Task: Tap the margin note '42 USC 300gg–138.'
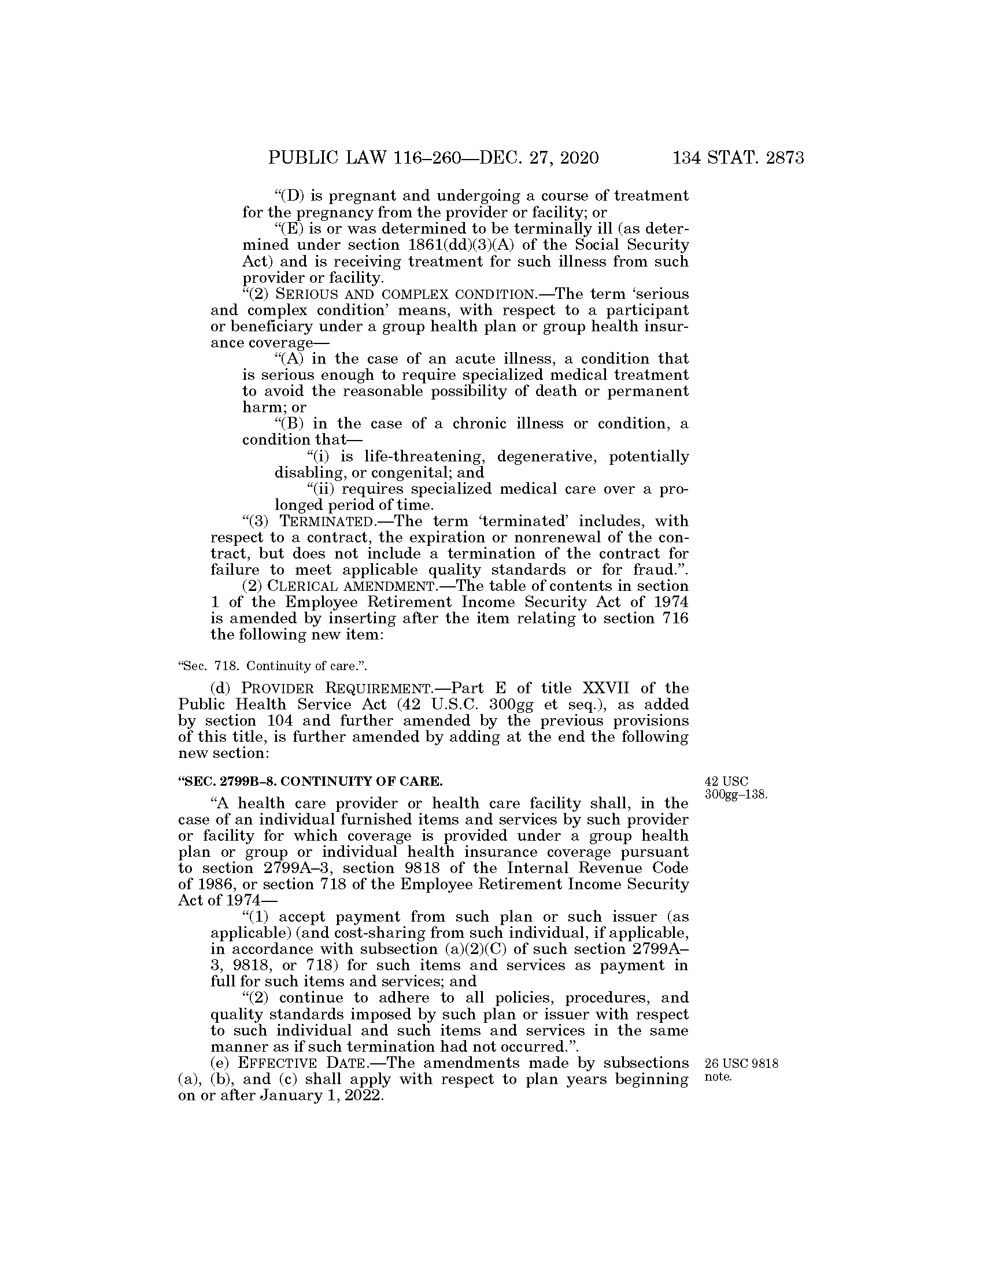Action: tap(735, 787)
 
